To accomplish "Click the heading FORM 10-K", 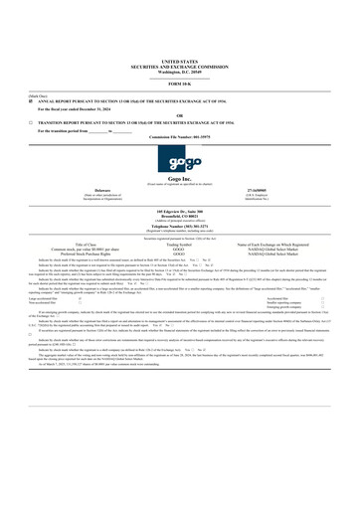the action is point(179,83).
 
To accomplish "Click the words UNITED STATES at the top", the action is point(179,61).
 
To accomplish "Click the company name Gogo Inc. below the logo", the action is point(179,179).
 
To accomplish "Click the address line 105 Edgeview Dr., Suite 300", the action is point(179,213).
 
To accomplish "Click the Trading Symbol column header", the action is point(179,244).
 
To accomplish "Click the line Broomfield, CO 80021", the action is point(179,218).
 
